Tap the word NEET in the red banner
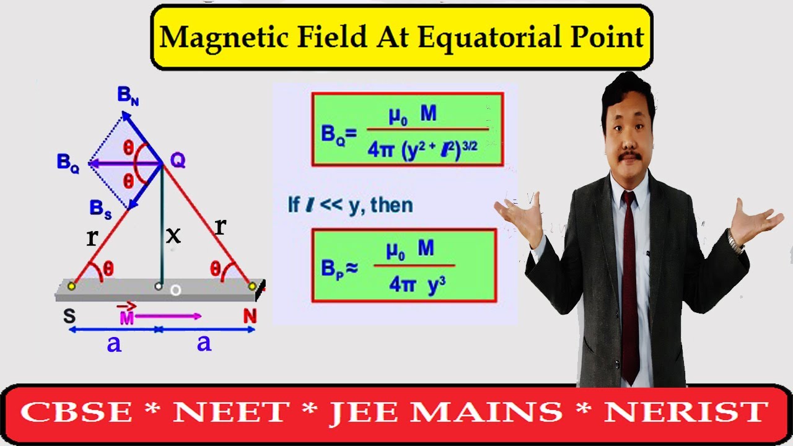[x=232, y=413]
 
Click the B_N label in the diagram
[x=128, y=96]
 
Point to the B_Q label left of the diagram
[x=68, y=164]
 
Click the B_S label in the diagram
[x=100, y=209]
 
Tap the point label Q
[x=178, y=160]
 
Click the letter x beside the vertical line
[x=173, y=235]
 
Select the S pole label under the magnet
[x=69, y=316]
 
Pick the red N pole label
[x=250, y=316]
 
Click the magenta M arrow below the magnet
[x=167, y=316]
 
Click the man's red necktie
[x=629, y=279]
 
